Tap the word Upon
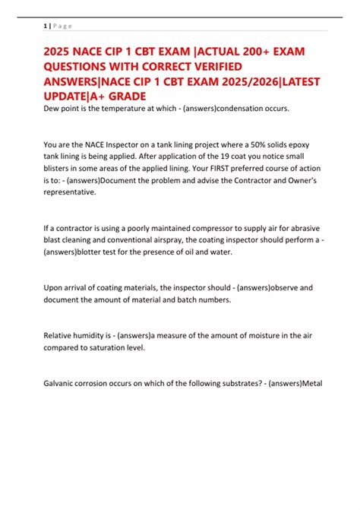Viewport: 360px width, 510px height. (54, 289)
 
